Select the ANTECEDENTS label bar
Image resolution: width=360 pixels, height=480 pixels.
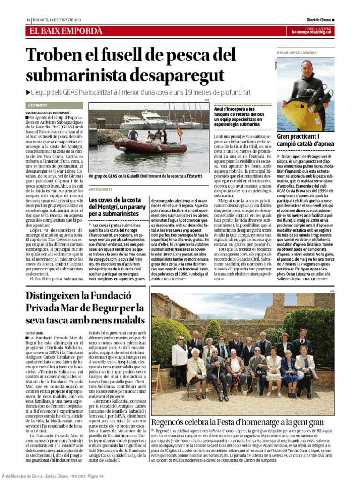click(100, 190)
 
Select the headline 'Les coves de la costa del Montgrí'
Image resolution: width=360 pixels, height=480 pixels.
click(116, 207)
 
